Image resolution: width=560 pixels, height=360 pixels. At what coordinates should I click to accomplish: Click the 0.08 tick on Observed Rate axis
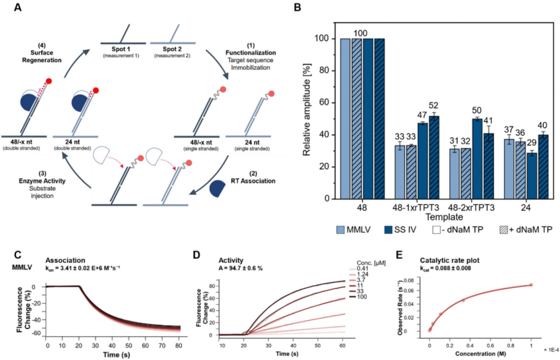[418, 277]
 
